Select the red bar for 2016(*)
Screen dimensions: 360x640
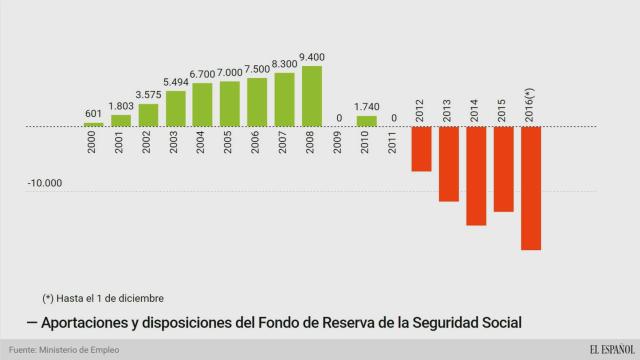point(530,188)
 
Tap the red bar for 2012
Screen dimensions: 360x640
point(421,149)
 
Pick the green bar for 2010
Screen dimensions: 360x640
point(367,121)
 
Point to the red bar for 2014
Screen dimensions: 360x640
point(476,176)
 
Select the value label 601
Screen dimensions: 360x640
point(93,113)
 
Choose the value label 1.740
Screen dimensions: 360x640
point(367,107)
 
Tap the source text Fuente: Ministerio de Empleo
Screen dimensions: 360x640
point(65,349)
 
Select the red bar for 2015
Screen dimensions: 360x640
point(503,169)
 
